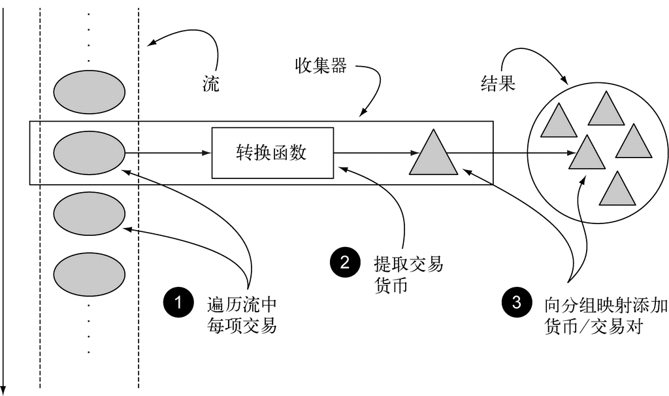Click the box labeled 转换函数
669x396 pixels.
click(272, 154)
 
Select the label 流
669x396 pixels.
click(210, 85)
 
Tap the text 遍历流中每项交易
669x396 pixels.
click(241, 314)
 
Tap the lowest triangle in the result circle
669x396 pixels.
click(617, 190)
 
